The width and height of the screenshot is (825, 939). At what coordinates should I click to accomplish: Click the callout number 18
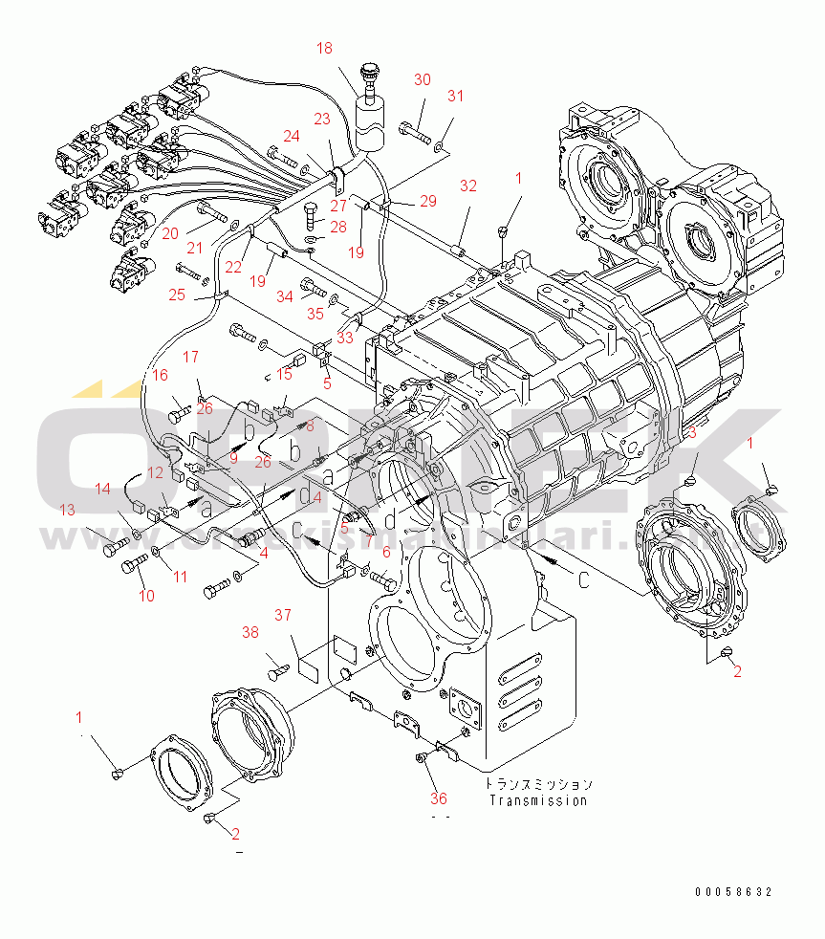coord(324,48)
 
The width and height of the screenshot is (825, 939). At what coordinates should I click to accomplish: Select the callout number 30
coord(422,79)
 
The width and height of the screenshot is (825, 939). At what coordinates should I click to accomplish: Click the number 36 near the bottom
coord(439,798)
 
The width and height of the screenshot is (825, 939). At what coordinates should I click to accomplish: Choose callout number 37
coord(283,614)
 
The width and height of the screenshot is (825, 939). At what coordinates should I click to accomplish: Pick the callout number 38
coord(250,632)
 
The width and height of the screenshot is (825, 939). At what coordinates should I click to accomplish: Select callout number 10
coord(146,596)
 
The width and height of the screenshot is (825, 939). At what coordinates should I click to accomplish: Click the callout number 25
coord(178,295)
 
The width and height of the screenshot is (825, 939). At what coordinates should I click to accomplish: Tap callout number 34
coord(285,297)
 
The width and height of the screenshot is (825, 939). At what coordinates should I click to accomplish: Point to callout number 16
coord(161,375)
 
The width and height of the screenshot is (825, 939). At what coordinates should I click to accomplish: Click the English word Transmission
coord(537,800)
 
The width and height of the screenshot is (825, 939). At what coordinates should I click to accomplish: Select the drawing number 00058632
coord(733,892)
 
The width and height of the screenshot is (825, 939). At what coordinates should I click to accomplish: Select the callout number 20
coord(169,233)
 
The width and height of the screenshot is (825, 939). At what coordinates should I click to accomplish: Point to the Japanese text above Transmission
coord(537,783)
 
